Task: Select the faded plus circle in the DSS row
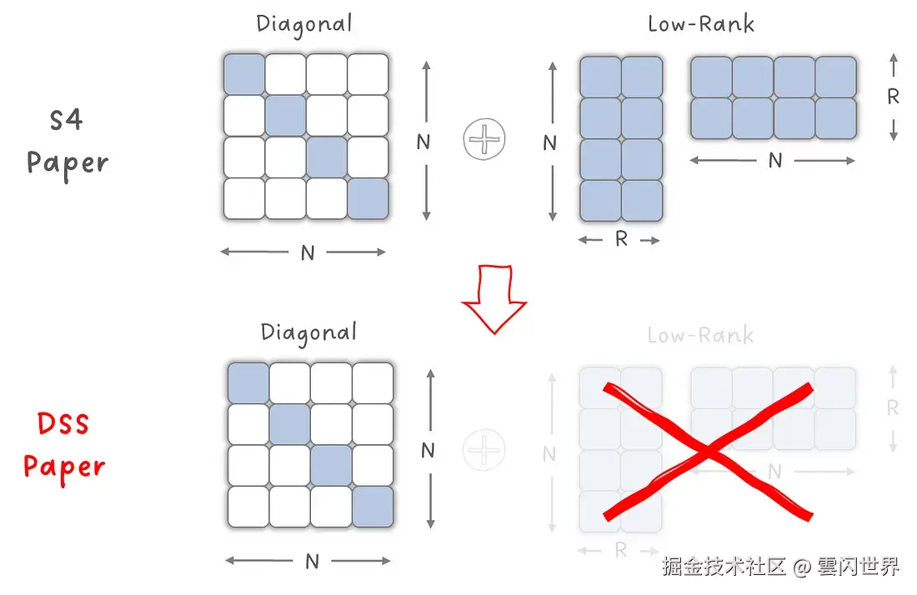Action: point(484,451)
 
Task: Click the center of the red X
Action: point(707,452)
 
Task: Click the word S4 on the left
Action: point(66,120)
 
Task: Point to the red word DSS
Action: point(63,423)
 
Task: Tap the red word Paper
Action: point(65,467)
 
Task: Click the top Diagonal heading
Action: point(304,23)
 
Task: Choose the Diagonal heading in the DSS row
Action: point(308,332)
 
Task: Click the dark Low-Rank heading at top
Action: point(701,23)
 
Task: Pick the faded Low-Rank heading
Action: point(701,335)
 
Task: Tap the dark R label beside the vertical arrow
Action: point(893,97)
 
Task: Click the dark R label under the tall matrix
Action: point(620,240)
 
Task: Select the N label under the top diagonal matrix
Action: point(308,252)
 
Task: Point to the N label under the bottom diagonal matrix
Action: point(312,562)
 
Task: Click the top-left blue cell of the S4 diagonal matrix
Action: point(244,75)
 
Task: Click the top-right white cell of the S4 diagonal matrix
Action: point(368,75)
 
